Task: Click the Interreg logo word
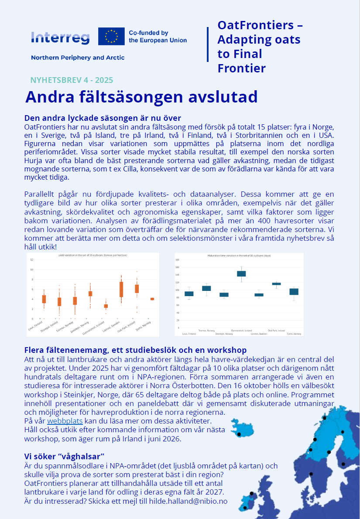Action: tap(60, 38)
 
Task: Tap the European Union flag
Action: tap(111, 37)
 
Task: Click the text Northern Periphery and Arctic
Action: tap(78, 58)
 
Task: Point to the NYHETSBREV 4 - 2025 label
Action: tap(72, 80)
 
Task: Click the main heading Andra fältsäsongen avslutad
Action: tap(141, 97)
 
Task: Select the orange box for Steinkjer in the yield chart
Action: tap(90, 294)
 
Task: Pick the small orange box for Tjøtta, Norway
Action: tap(152, 299)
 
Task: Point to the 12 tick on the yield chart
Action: tap(31, 259)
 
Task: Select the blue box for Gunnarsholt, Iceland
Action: tap(241, 273)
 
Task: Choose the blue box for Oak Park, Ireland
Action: tap(276, 284)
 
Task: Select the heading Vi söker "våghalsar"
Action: tap(64, 456)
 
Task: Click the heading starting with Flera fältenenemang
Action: tap(135, 350)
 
